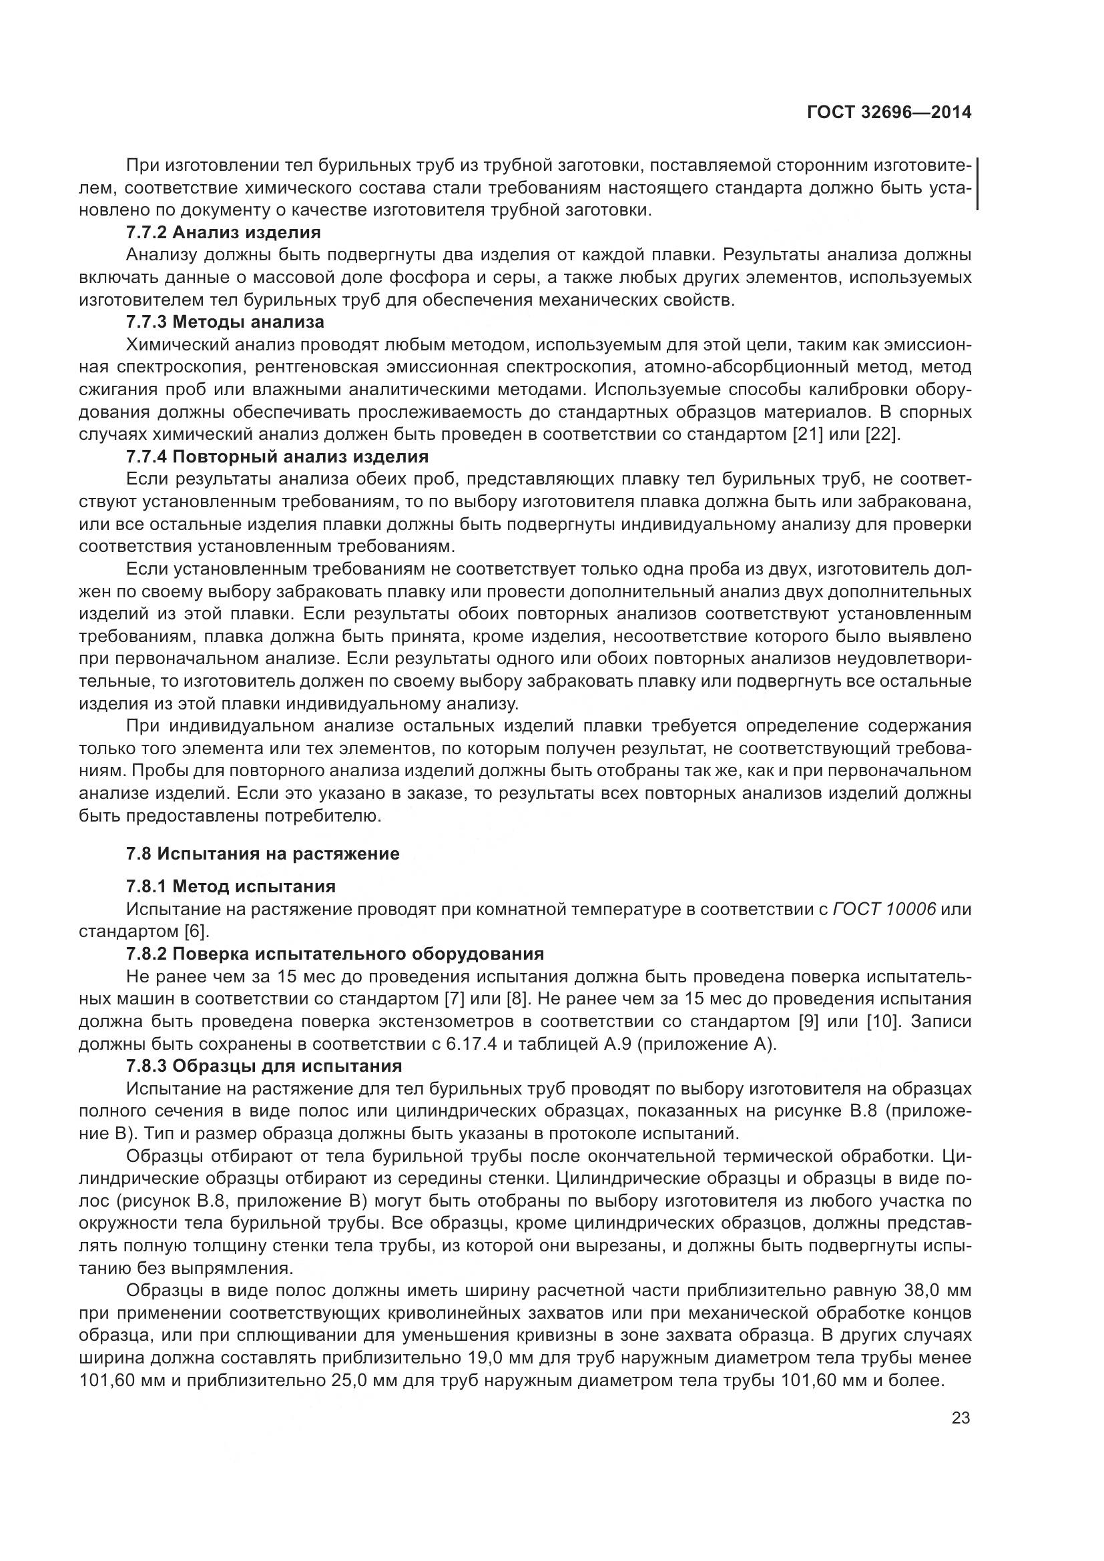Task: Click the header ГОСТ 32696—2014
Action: click(x=888, y=112)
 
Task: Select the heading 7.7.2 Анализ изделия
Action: click(x=223, y=232)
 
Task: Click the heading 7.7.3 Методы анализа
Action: click(x=225, y=322)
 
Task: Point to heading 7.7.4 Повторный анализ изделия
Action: click(x=277, y=456)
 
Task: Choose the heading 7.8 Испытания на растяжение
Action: click(x=262, y=854)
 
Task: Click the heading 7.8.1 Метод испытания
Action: click(x=230, y=886)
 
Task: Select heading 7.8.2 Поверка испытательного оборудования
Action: click(x=334, y=954)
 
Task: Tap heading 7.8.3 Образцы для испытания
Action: click(x=264, y=1065)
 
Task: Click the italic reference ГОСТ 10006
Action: click(x=884, y=909)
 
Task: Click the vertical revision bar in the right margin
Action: click(x=977, y=184)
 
